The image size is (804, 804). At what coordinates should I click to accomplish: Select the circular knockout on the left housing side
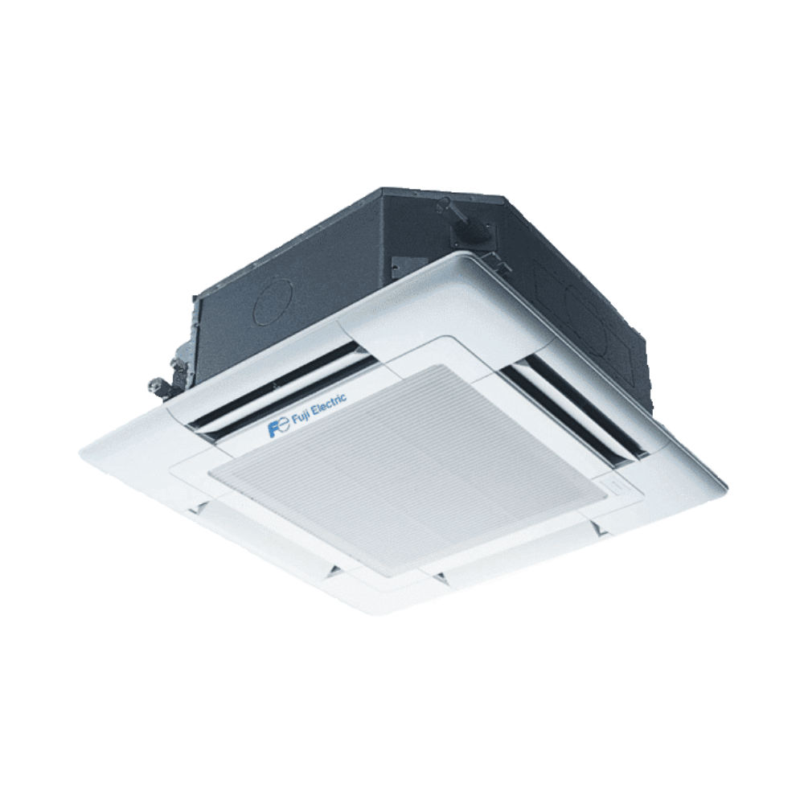click(x=273, y=302)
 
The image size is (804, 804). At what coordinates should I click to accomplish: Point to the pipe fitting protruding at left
click(x=157, y=384)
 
